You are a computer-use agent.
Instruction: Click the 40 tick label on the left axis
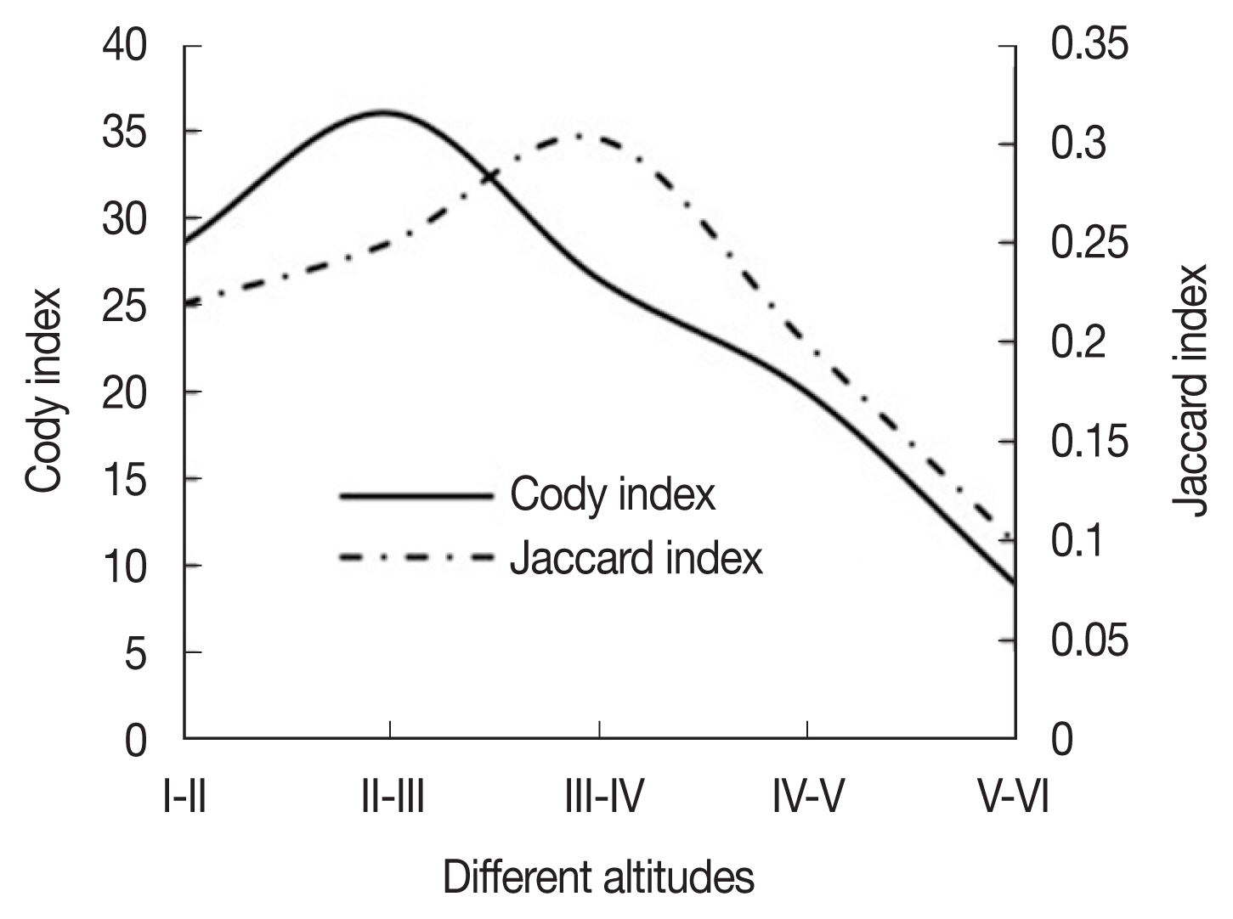tap(125, 45)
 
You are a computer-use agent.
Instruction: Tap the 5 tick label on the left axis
tap(136, 654)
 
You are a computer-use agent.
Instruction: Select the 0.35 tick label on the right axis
tap(1090, 45)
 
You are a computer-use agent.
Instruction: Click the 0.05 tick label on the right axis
tap(1090, 640)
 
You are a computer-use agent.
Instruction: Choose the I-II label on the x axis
tap(184, 799)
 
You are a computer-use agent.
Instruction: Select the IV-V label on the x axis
tap(808, 799)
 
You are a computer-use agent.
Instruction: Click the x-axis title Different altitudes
tap(598, 878)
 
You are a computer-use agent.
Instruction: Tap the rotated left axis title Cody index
tap(44, 390)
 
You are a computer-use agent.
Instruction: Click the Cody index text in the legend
tap(613, 495)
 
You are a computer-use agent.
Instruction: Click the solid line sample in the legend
tap(416, 495)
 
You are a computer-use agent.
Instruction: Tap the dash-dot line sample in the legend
tap(416, 558)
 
